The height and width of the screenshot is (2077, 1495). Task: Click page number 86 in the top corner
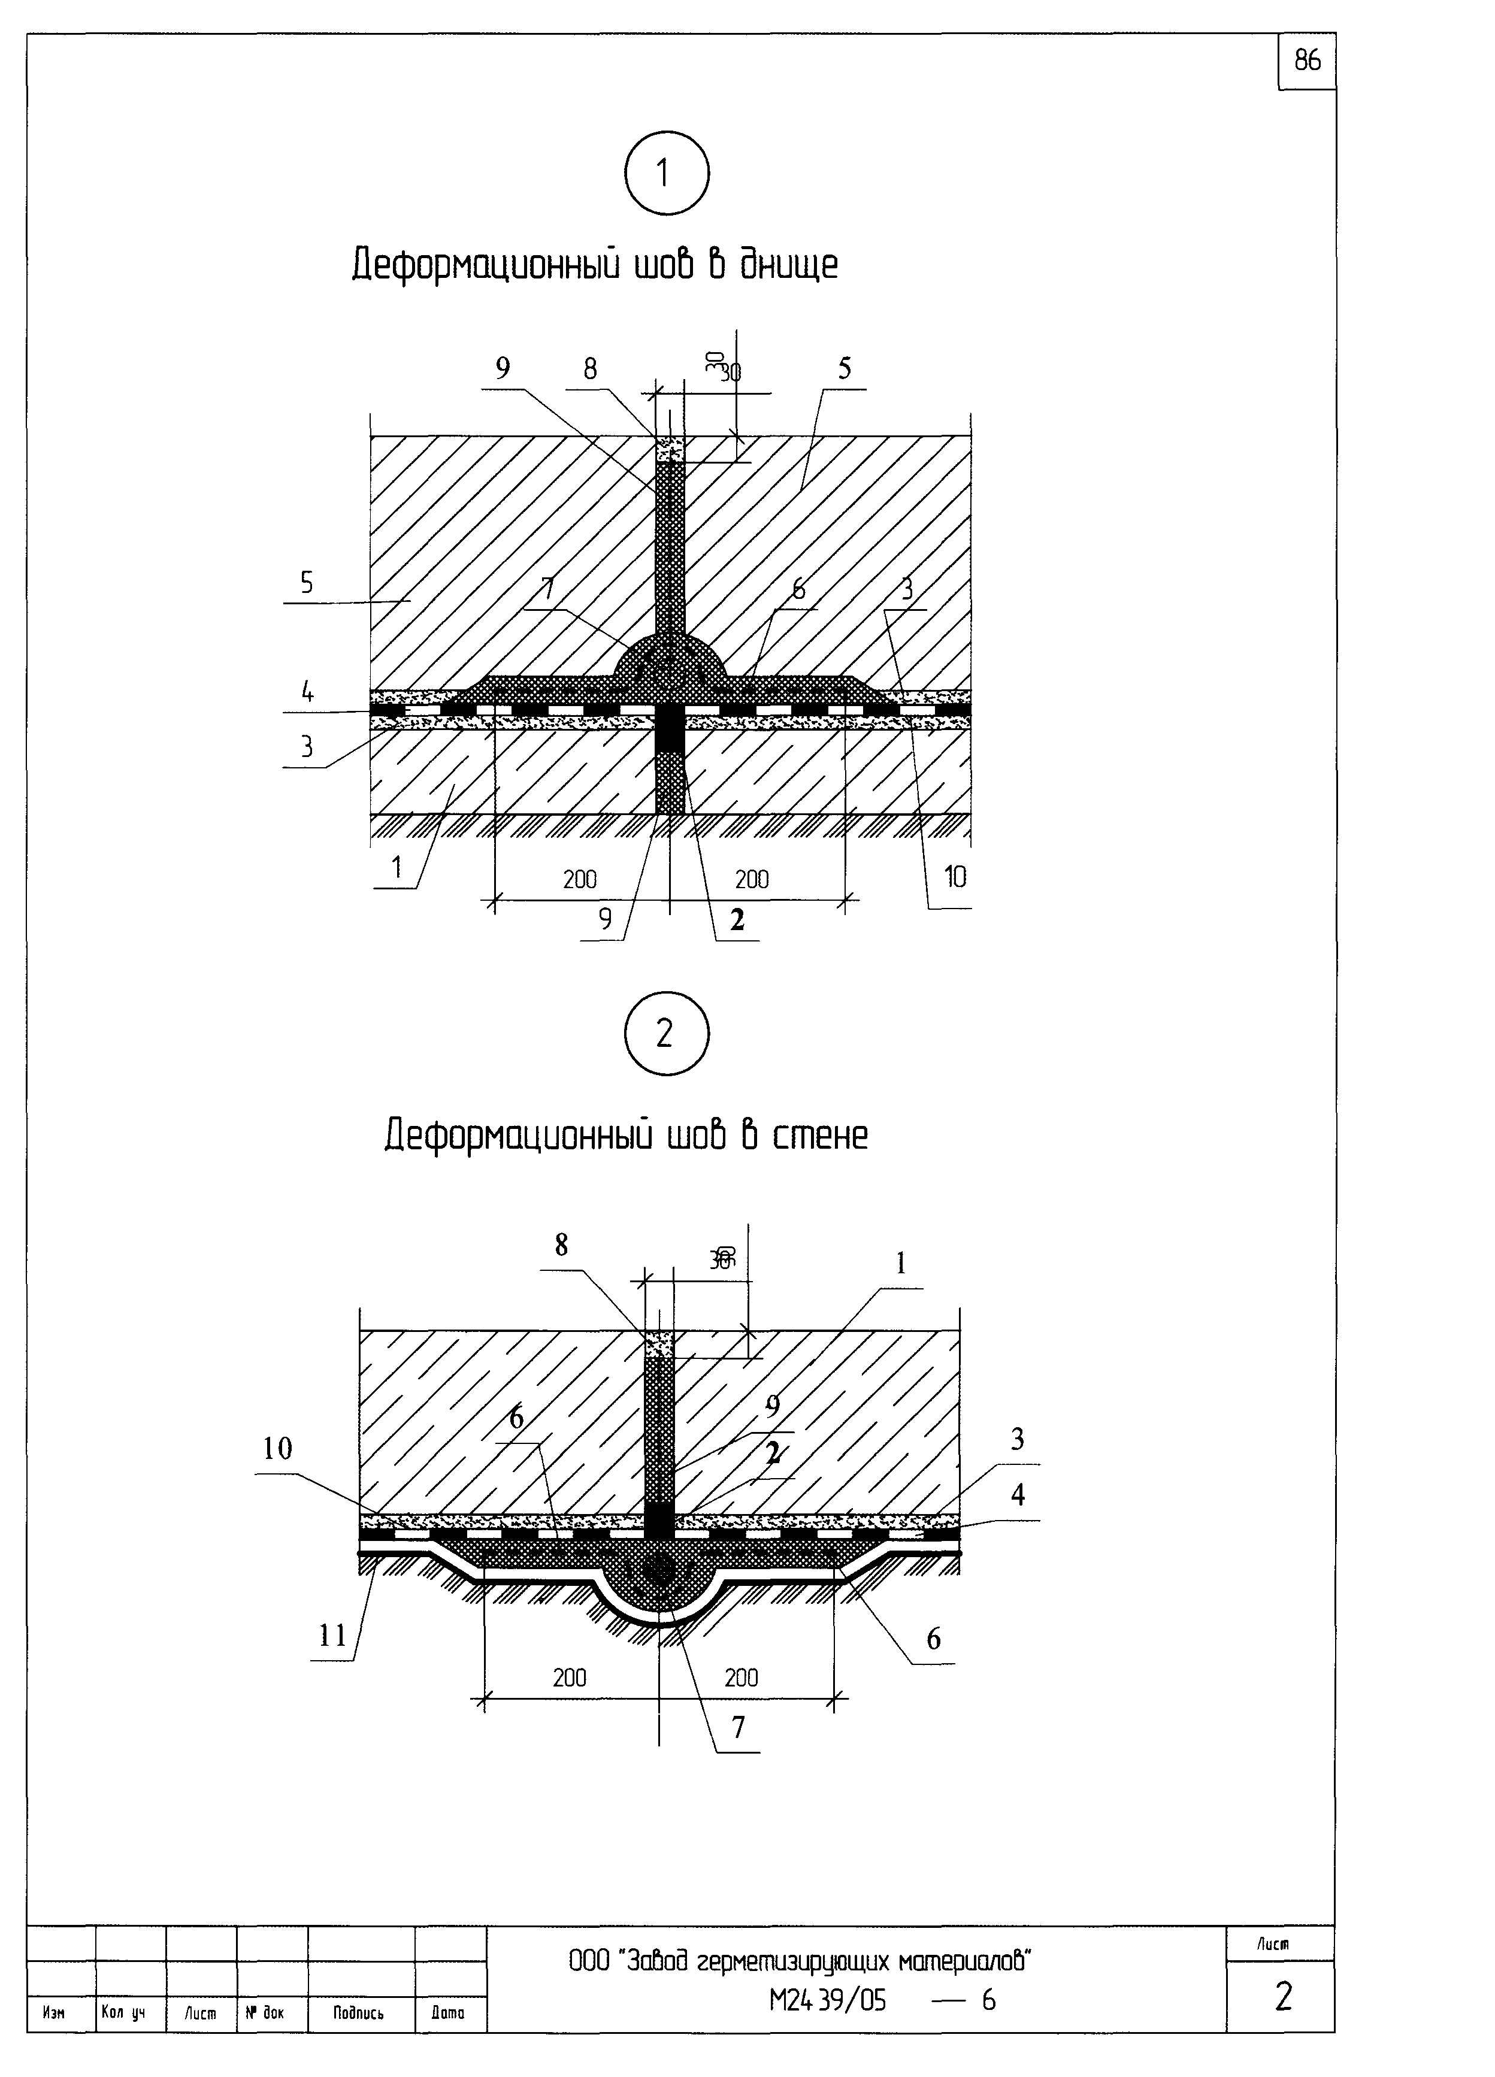click(1307, 60)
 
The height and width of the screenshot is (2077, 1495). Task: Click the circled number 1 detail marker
click(666, 173)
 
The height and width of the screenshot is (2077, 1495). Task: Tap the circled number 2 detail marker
click(666, 1034)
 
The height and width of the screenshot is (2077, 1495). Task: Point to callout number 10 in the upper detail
click(955, 877)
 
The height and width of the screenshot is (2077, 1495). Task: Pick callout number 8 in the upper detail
click(590, 368)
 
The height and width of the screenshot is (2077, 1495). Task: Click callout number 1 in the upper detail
click(397, 865)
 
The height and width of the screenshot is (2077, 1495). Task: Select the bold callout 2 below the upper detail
click(737, 919)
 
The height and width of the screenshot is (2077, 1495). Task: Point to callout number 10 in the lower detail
click(277, 1448)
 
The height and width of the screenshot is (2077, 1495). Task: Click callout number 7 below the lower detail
click(739, 1726)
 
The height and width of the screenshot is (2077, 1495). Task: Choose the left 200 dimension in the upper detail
click(580, 879)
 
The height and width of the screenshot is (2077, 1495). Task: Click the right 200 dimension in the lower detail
click(741, 1678)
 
